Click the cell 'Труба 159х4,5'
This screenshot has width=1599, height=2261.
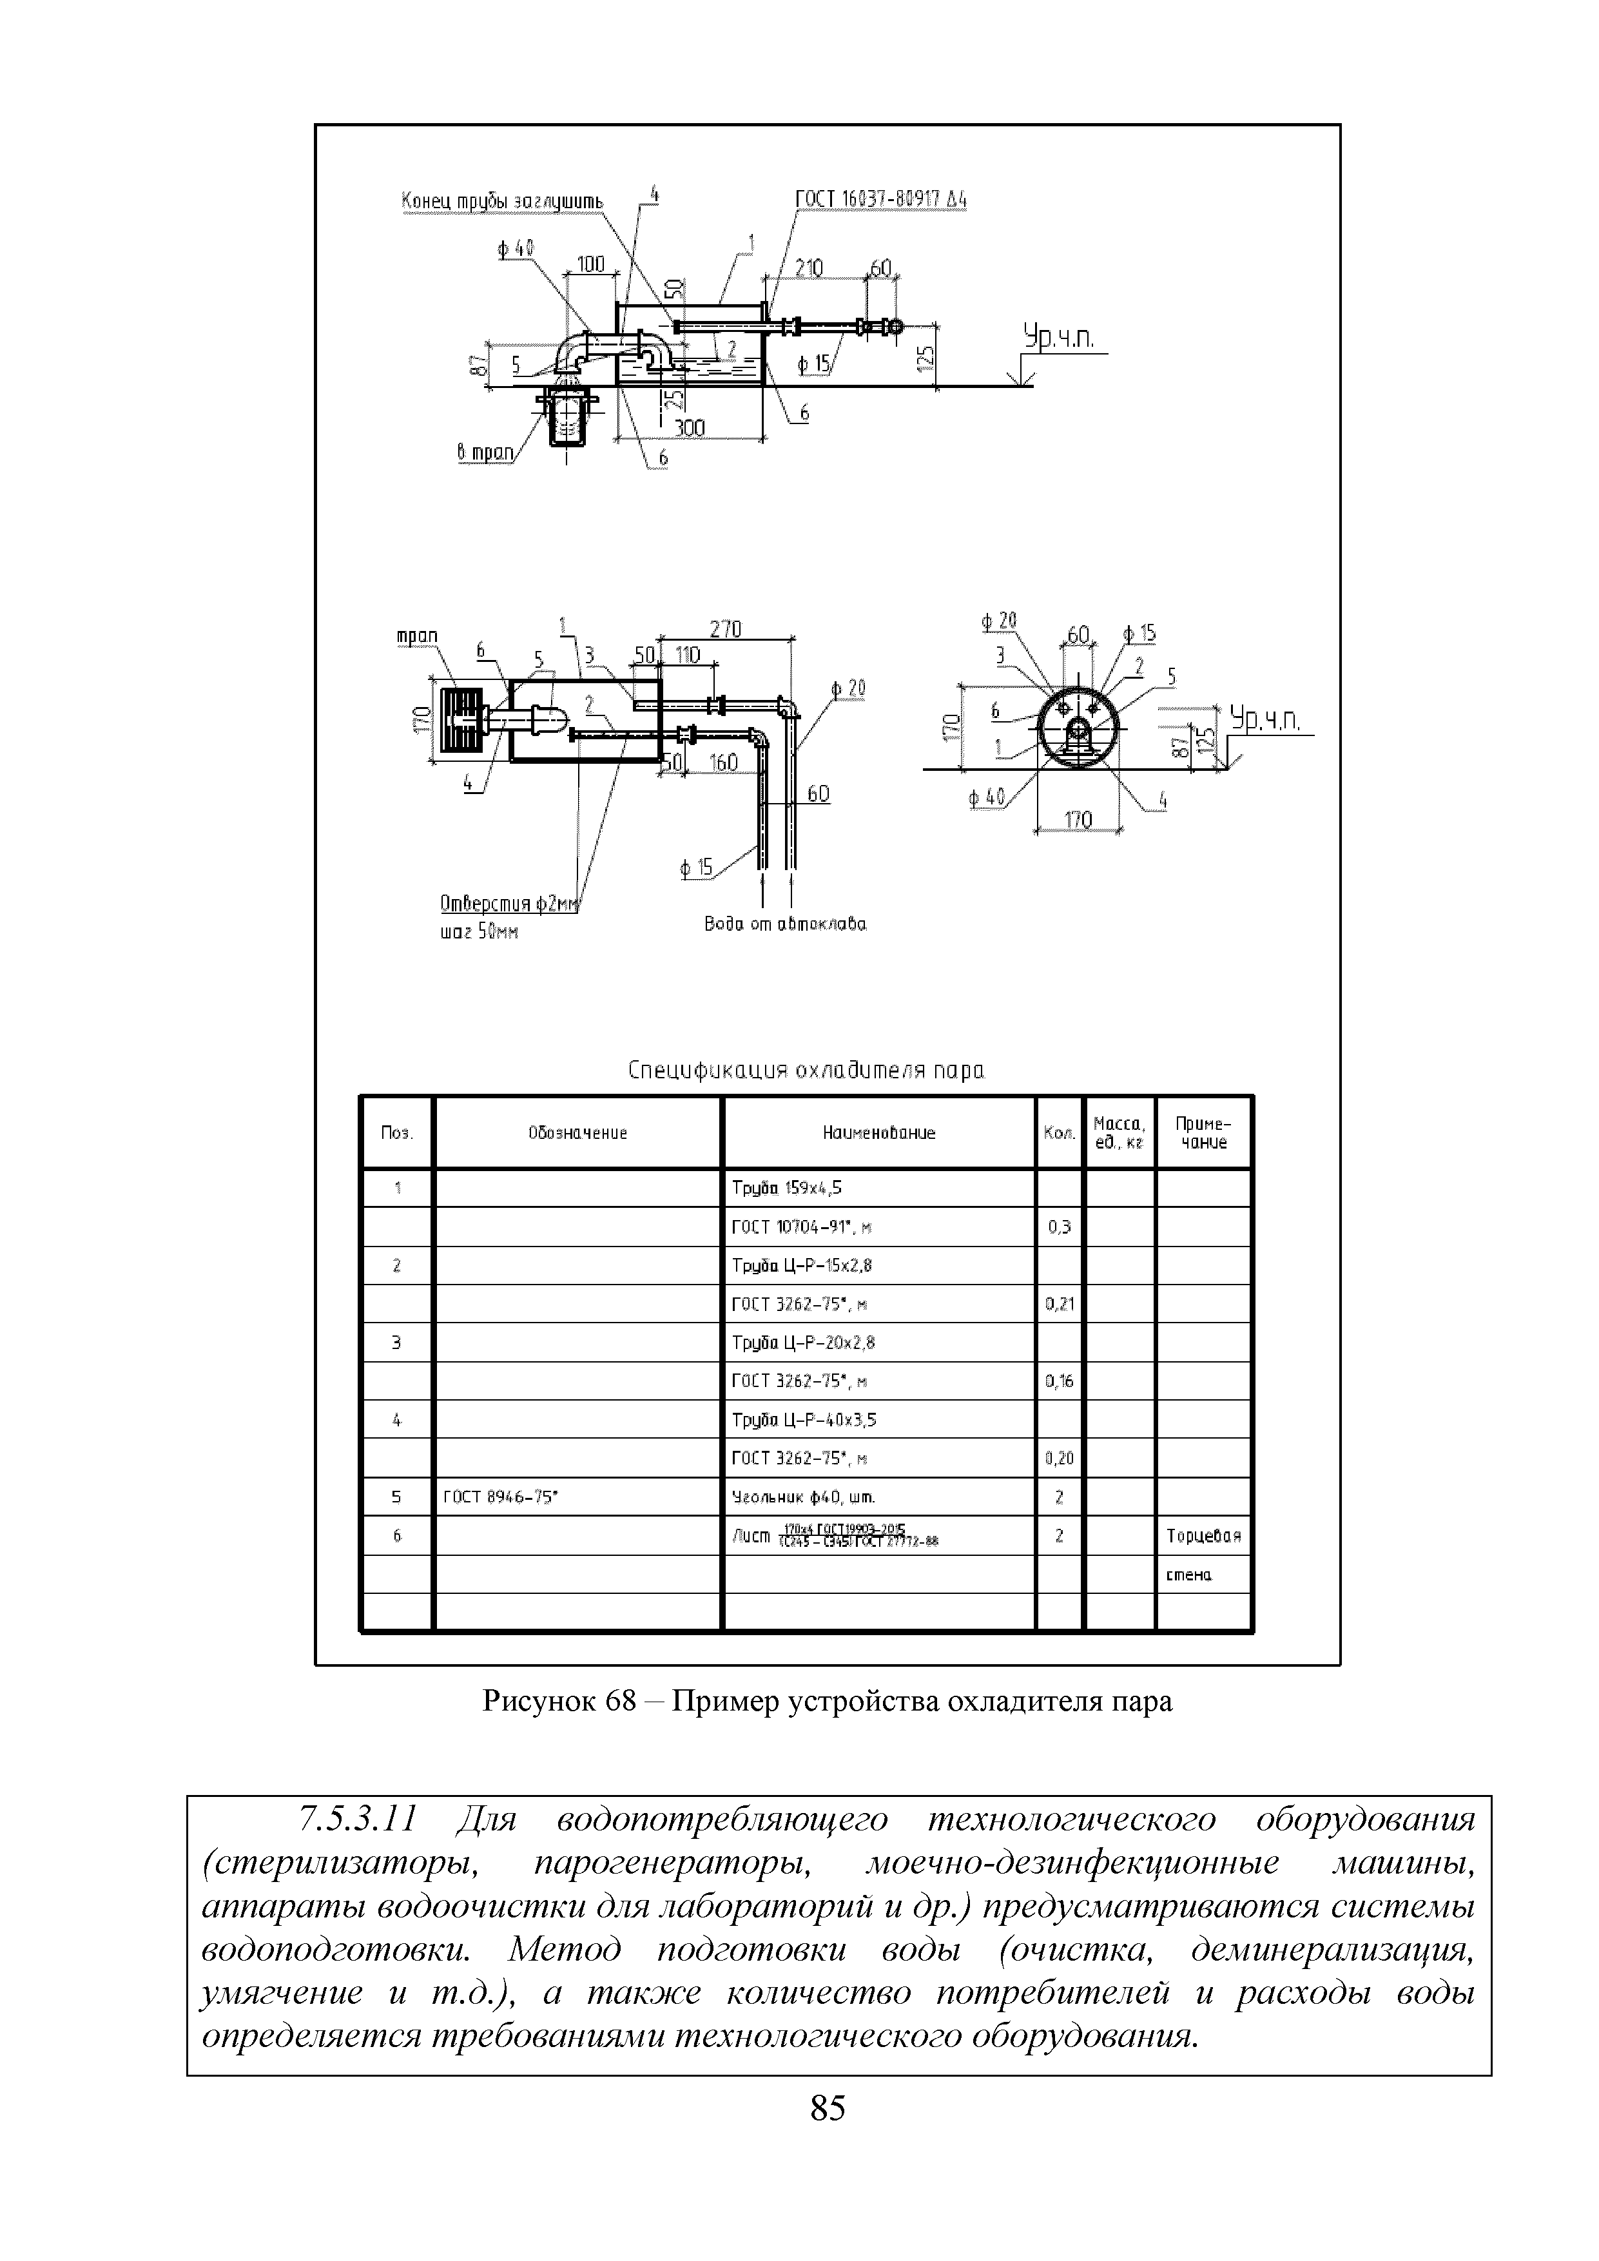pyautogui.click(x=787, y=1189)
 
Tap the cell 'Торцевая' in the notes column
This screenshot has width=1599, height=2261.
pyautogui.click(x=1203, y=1536)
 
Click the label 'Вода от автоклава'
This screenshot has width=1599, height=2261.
pyautogui.click(x=786, y=925)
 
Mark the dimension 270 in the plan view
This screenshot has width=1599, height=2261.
pyautogui.click(x=726, y=628)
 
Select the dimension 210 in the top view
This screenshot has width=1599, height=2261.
pyautogui.click(x=809, y=268)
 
